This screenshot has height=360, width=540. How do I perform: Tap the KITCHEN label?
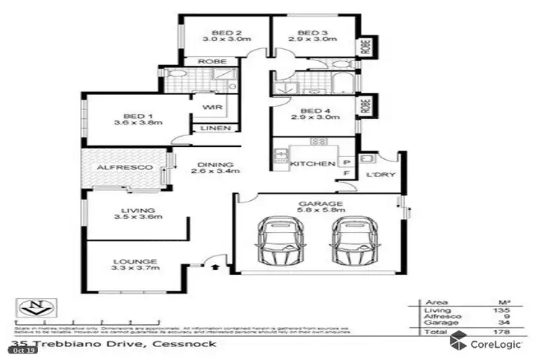click(x=312, y=164)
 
